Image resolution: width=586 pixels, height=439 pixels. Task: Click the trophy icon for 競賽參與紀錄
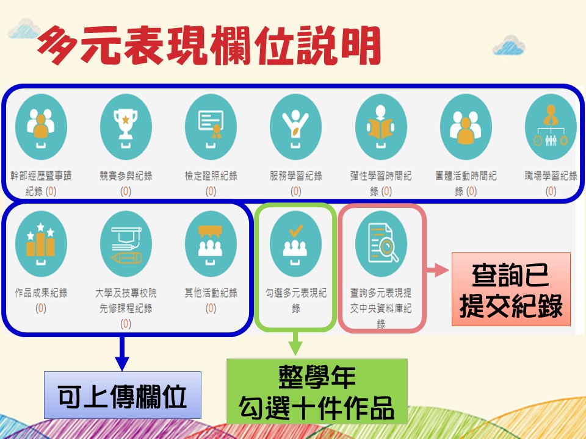(126, 127)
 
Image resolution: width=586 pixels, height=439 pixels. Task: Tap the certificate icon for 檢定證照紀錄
(211, 127)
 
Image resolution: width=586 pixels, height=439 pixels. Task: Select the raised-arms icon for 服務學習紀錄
(295, 127)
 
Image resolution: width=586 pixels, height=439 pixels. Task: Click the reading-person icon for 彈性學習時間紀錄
(381, 127)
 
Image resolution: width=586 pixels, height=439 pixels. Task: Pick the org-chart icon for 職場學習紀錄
(551, 127)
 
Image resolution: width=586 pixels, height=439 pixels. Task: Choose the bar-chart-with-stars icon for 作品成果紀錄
(41, 244)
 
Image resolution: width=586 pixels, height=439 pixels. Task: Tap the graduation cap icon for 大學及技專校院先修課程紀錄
(126, 244)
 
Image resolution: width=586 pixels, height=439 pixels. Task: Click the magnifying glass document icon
(381, 244)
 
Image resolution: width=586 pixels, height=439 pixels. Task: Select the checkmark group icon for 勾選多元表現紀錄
(295, 244)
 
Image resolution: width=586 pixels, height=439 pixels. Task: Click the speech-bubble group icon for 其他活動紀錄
(211, 244)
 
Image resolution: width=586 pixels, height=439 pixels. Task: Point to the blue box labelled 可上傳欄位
(123, 395)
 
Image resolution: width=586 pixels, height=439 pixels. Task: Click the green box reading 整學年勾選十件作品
(317, 391)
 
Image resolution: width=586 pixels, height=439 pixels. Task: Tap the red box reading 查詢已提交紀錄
(511, 289)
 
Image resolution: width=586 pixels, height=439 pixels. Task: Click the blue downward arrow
(122, 353)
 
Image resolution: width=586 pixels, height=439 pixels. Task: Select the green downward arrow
(295, 343)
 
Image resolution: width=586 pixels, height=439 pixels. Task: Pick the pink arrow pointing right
(437, 270)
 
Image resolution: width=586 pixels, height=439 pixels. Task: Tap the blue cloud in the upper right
(508, 45)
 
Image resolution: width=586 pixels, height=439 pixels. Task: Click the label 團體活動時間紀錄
(466, 184)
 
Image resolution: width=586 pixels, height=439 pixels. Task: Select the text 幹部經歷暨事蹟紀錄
(41, 184)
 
